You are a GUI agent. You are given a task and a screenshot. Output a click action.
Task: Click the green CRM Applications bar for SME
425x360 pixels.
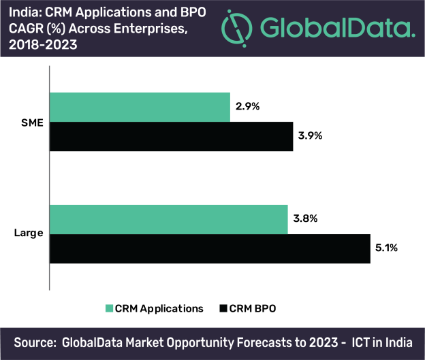click(140, 108)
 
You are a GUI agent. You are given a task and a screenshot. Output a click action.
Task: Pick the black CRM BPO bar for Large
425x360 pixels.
click(210, 248)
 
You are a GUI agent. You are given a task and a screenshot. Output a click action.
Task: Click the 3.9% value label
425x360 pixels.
click(311, 135)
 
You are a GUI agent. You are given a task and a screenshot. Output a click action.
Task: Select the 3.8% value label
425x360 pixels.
click(306, 219)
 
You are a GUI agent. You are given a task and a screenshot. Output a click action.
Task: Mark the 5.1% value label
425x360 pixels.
click(387, 248)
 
